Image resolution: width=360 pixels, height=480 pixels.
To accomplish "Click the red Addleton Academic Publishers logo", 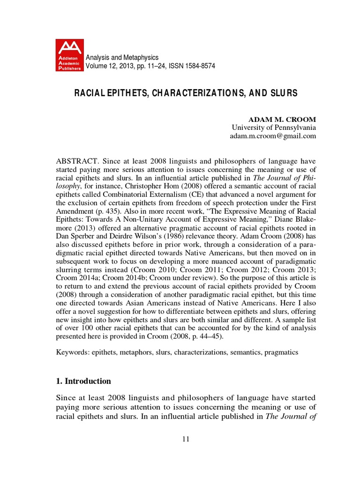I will [x=69, y=55].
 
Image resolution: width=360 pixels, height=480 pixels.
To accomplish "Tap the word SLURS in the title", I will [x=283, y=93].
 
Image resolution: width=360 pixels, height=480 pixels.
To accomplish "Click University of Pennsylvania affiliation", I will [x=274, y=127].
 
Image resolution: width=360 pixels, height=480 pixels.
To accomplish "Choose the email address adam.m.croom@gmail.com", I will [x=273, y=136].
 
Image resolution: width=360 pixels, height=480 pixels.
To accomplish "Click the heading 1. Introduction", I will [x=83, y=381].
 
